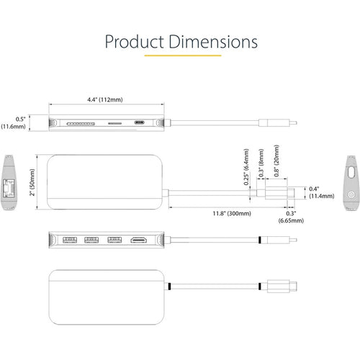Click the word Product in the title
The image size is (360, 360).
(x=135, y=42)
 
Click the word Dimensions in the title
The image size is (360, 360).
(x=213, y=42)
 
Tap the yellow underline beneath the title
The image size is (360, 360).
(x=183, y=55)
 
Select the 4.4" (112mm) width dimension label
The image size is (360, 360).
(x=105, y=99)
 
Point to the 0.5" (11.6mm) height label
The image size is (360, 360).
(x=14, y=122)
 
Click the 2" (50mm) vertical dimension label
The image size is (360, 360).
(x=32, y=182)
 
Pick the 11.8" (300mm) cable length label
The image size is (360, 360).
(x=232, y=213)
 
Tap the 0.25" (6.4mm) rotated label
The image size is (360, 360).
(x=246, y=167)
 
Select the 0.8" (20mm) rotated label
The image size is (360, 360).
(x=276, y=161)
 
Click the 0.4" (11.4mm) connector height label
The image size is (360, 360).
(x=322, y=192)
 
